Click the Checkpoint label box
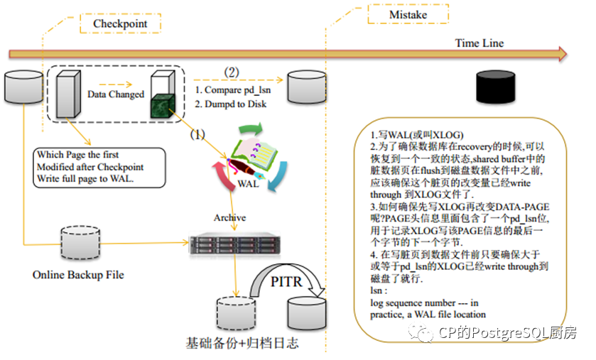(x=120, y=23)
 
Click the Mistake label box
(x=408, y=14)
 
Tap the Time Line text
(x=479, y=43)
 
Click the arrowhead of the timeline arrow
(x=563, y=54)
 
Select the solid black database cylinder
(x=496, y=87)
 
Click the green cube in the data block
(x=163, y=107)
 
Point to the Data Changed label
(x=116, y=94)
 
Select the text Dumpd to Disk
(x=235, y=104)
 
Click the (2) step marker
(x=231, y=72)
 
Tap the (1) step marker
(x=197, y=134)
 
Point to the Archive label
(x=229, y=217)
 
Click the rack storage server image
(x=235, y=243)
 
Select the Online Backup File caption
(x=78, y=275)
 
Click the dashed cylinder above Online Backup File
(x=80, y=243)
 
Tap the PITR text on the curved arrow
(x=286, y=282)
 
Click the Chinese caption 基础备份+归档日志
(x=242, y=343)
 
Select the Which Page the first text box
(x=99, y=168)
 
